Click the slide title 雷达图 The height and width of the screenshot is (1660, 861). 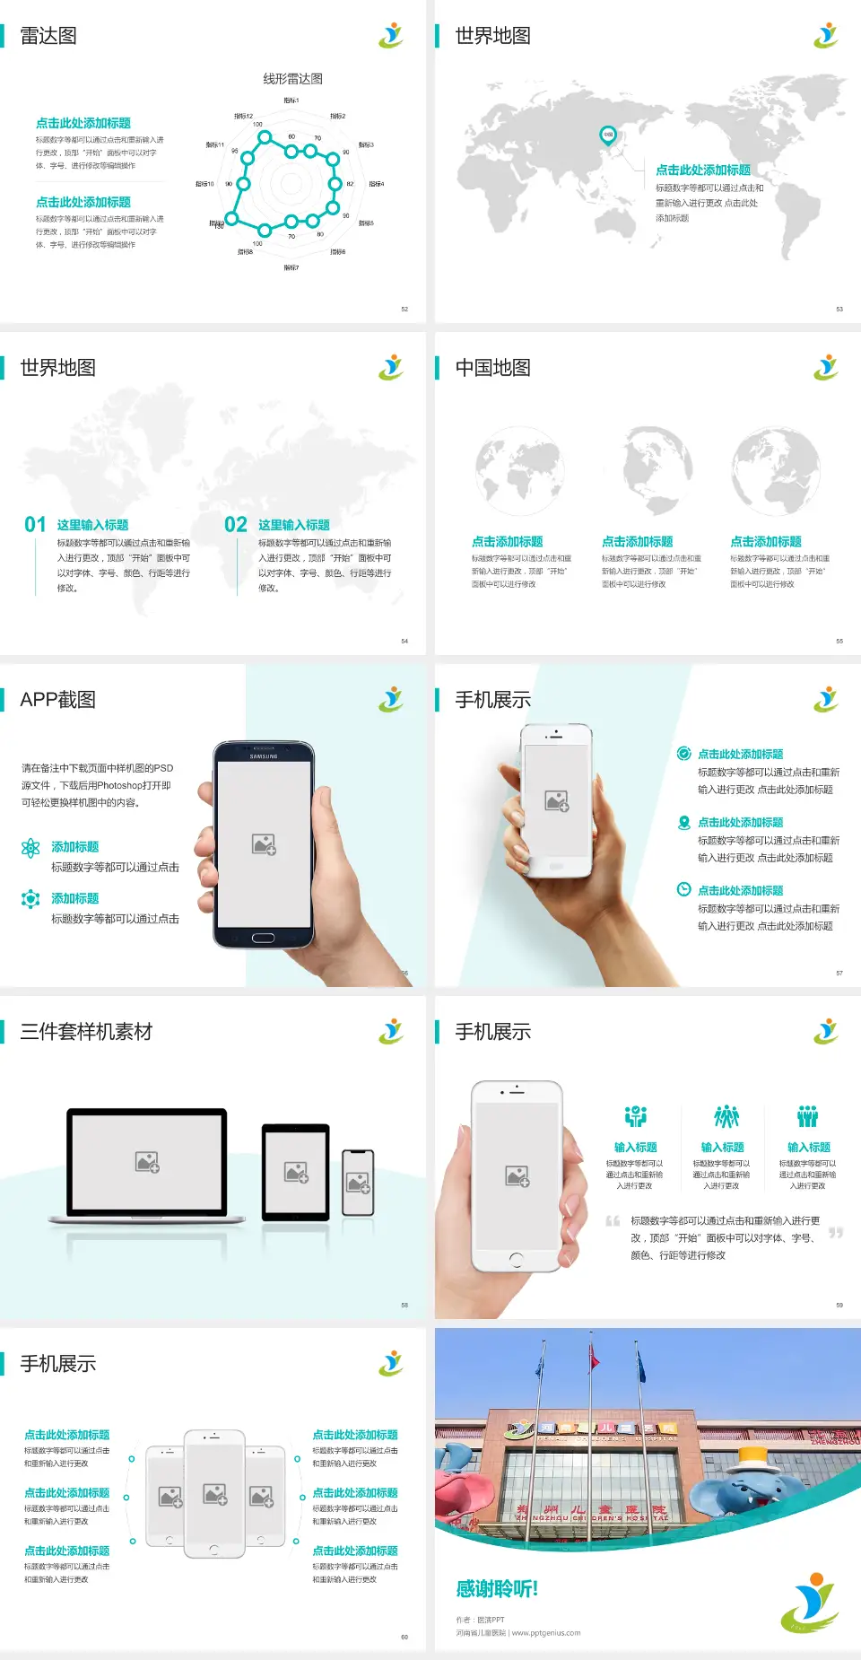pyautogui.click(x=48, y=36)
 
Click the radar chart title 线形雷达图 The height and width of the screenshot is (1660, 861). pyautogui.click(x=292, y=79)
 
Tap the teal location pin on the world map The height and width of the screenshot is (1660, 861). pyautogui.click(x=607, y=135)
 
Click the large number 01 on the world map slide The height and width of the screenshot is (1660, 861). pyautogui.click(x=35, y=525)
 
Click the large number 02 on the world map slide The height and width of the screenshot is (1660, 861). pyautogui.click(x=236, y=525)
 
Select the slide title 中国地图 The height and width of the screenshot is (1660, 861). pyautogui.click(x=492, y=368)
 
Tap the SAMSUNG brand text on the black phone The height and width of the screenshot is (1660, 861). pyautogui.click(x=264, y=756)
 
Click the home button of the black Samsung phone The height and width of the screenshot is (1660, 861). pyautogui.click(x=263, y=938)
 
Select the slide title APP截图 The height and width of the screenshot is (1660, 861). pyautogui.click(x=57, y=700)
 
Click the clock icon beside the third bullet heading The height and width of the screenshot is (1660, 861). pyautogui.click(x=683, y=889)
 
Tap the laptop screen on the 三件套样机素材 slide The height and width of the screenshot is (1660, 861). pyautogui.click(x=147, y=1162)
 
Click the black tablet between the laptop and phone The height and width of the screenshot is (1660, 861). pyautogui.click(x=296, y=1172)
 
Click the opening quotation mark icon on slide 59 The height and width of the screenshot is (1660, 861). pyautogui.click(x=613, y=1221)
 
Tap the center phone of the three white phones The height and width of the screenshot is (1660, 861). pyautogui.click(x=214, y=1494)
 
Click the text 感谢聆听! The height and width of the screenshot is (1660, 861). pyautogui.click(x=497, y=1589)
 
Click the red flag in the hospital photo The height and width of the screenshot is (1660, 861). pyautogui.click(x=593, y=1360)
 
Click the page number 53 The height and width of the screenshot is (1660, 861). pyautogui.click(x=839, y=309)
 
